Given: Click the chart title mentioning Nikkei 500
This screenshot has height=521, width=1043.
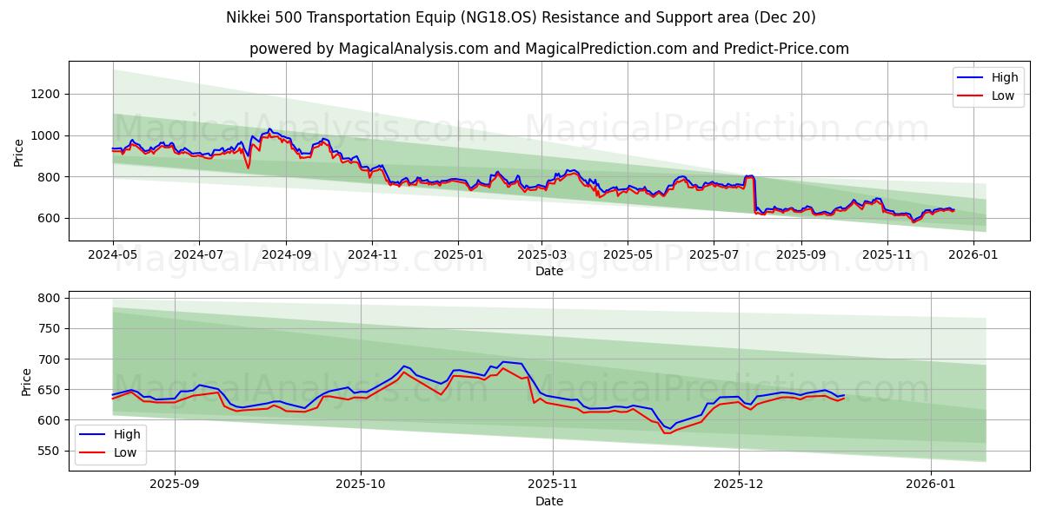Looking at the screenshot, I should (x=521, y=17).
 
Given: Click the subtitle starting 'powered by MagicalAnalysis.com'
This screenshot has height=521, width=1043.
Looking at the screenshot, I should (x=548, y=49).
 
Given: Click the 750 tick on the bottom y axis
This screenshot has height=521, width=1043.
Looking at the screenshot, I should (x=49, y=328).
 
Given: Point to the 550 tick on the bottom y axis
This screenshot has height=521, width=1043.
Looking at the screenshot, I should (x=49, y=451).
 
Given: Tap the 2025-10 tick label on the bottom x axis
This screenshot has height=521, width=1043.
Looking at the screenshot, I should (x=360, y=485).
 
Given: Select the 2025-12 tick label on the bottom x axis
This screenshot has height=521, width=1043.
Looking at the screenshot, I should (x=739, y=485).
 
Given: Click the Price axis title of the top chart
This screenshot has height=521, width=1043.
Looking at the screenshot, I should (x=19, y=152).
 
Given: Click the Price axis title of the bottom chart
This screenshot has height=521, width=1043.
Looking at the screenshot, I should (x=26, y=381).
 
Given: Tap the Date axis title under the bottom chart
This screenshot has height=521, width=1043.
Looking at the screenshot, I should (x=548, y=501).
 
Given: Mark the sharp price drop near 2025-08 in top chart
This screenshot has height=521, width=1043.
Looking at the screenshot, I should (x=754, y=195).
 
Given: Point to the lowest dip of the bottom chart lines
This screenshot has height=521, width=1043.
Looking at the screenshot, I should (x=668, y=432).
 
